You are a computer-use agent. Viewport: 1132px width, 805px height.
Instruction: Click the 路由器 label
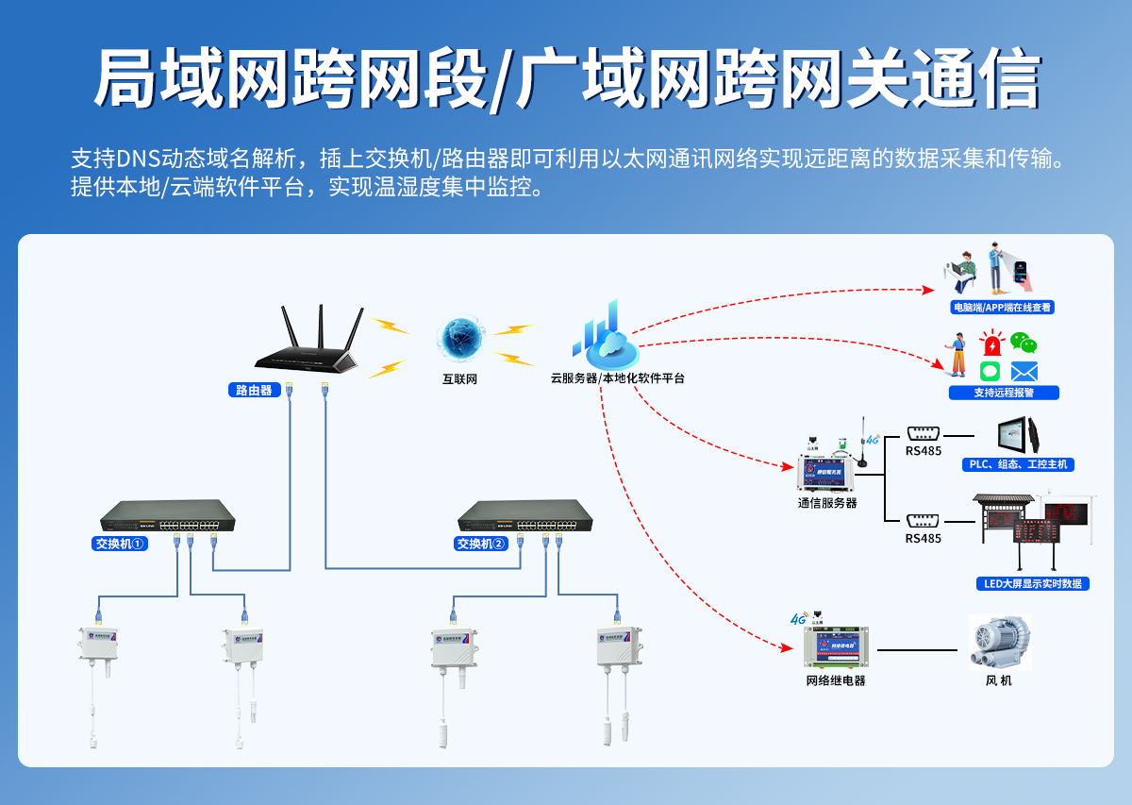(x=254, y=390)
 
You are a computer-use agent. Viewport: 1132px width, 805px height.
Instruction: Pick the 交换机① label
(x=120, y=544)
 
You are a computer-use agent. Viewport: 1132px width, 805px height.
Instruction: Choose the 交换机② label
(x=481, y=544)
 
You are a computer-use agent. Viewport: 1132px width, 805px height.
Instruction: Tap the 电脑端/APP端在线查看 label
(x=1003, y=307)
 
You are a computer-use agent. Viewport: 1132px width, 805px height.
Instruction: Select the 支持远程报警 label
(x=1004, y=393)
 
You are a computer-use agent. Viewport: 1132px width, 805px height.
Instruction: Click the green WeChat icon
(x=1024, y=343)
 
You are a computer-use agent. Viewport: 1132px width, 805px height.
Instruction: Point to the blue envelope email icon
(x=1024, y=371)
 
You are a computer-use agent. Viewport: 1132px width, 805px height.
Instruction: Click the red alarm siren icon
(x=991, y=344)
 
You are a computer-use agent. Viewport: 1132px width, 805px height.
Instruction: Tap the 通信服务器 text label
(x=827, y=503)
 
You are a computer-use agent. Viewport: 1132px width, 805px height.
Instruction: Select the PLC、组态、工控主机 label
(x=1021, y=464)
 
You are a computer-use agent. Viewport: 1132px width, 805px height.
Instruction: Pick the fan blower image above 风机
(x=1000, y=643)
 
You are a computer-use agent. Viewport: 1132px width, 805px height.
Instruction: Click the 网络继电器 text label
(x=835, y=680)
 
